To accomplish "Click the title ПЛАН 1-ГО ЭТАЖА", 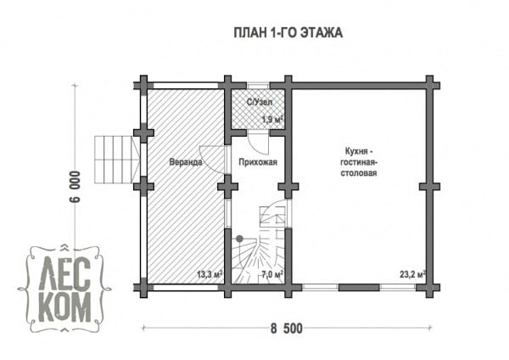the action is click(x=288, y=33).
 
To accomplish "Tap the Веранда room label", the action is click(x=185, y=162).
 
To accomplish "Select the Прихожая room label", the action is click(x=258, y=162).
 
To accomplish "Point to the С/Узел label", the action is click(x=260, y=102).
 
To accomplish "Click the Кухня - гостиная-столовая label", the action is click(x=359, y=162).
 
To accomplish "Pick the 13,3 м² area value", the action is click(x=210, y=274).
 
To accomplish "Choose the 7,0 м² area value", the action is click(x=272, y=274).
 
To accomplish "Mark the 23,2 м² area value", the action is click(x=412, y=274).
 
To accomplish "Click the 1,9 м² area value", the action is click(x=272, y=120).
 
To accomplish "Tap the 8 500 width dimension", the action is click(x=287, y=329).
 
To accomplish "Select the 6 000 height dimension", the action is click(x=75, y=186).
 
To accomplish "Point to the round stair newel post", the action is click(x=239, y=239).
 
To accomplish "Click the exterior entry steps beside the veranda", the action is click(x=118, y=160).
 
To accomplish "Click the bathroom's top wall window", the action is click(x=258, y=86).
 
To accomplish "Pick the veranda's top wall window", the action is click(x=186, y=86).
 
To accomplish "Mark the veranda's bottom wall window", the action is click(x=186, y=287).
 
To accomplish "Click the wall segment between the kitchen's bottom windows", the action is click(x=360, y=287).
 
